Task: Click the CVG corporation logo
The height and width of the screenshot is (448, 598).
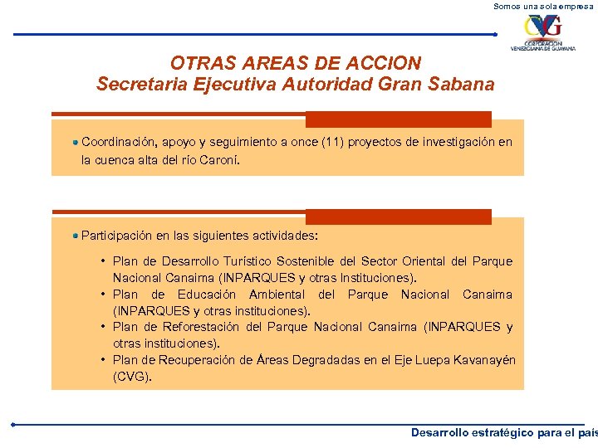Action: coord(542,33)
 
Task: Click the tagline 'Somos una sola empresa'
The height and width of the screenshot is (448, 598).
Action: coord(545,6)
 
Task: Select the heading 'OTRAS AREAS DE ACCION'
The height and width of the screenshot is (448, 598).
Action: coord(296,63)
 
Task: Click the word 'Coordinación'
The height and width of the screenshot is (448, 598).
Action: coord(120,142)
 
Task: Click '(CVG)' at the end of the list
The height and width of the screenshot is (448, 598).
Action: coord(132,377)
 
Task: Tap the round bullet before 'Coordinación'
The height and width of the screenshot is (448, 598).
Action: coord(76,142)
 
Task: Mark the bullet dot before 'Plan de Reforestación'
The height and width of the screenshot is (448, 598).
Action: coord(102,327)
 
